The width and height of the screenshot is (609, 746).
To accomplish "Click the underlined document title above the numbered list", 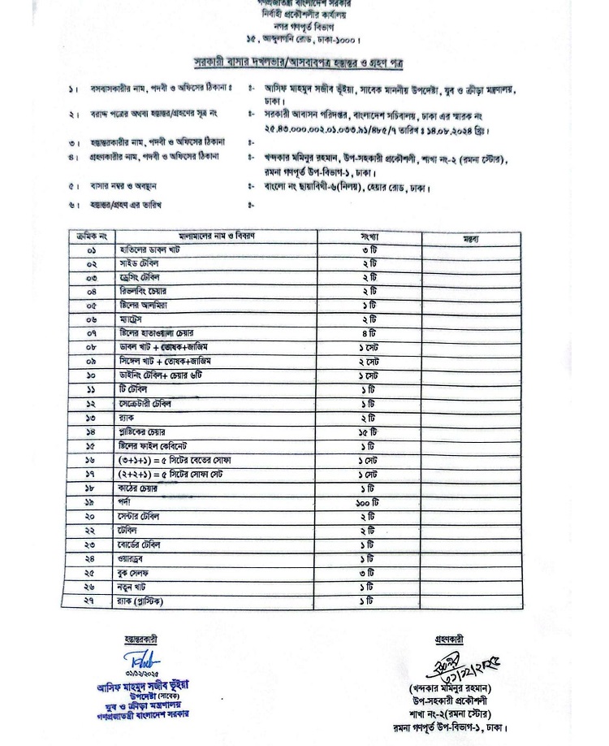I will (298, 63).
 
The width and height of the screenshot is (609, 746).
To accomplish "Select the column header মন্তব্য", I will (470, 238).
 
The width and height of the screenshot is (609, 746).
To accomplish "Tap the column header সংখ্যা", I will (369, 236).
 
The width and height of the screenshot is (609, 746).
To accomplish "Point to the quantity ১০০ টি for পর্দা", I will (369, 504).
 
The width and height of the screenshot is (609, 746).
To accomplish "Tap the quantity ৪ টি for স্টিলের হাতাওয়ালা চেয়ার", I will (369, 334).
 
